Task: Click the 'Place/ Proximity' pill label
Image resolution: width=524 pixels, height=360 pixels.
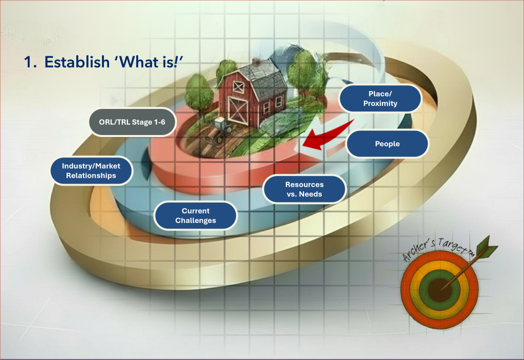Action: (x=380, y=99)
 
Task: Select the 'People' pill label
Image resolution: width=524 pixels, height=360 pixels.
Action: (x=387, y=144)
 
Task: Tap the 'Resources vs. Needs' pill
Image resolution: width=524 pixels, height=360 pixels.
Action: (x=304, y=189)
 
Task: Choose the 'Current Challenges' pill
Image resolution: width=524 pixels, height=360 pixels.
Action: (x=195, y=216)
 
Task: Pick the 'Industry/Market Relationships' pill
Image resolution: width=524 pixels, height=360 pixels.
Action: (x=91, y=171)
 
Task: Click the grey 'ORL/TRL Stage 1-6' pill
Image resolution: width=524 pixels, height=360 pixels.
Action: (x=133, y=122)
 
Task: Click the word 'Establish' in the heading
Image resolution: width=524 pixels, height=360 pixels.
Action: (x=77, y=62)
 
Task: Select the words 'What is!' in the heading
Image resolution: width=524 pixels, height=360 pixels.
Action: (x=149, y=62)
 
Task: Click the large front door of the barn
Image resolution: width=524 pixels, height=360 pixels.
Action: (x=237, y=110)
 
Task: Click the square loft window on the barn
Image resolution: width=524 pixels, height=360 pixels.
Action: (x=238, y=87)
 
